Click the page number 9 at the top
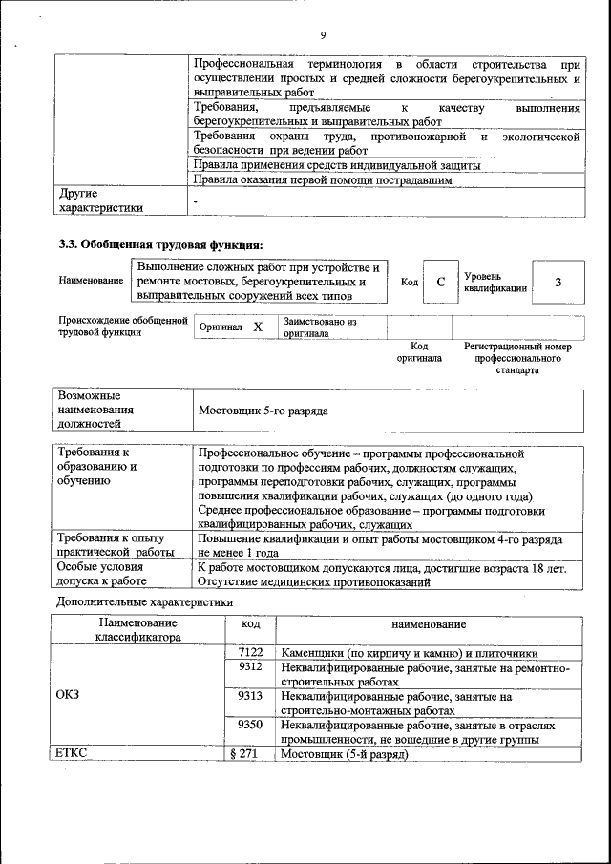coord(323,36)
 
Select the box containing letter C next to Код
coord(440,282)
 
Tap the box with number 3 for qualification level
coord(558,282)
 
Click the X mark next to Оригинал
coord(258,327)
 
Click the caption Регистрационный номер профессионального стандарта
coord(516,358)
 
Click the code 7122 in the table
coord(250,652)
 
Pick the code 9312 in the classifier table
coord(250,667)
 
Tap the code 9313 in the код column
coord(250,696)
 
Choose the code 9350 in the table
coord(250,725)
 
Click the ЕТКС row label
coord(73,754)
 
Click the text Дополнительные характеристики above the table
coord(144,602)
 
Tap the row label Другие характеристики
coord(101,200)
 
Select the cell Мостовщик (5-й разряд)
coord(344,754)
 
